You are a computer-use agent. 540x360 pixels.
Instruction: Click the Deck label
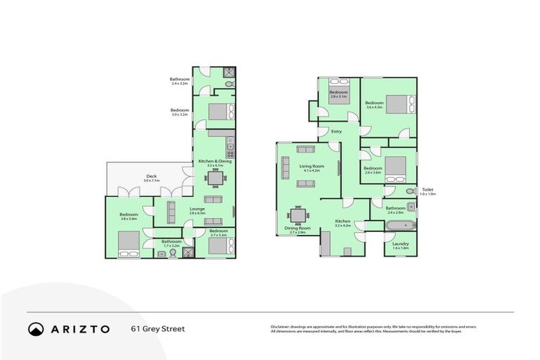click(x=152, y=176)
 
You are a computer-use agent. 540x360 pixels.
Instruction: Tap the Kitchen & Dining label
click(x=214, y=162)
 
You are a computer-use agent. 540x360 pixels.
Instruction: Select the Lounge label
click(x=196, y=209)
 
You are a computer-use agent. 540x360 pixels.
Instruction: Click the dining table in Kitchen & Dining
click(x=214, y=179)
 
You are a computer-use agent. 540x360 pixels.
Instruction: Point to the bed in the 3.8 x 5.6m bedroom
click(x=128, y=241)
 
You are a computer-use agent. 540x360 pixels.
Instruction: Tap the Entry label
click(x=336, y=131)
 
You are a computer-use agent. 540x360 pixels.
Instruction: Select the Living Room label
click(x=310, y=166)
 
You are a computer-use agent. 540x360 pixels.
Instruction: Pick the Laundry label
click(x=400, y=244)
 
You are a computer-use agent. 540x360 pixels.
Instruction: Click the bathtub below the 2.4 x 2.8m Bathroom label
click(x=400, y=226)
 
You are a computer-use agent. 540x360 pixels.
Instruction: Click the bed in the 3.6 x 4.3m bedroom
click(x=398, y=105)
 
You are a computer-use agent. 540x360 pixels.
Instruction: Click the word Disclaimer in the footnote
click(x=279, y=327)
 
